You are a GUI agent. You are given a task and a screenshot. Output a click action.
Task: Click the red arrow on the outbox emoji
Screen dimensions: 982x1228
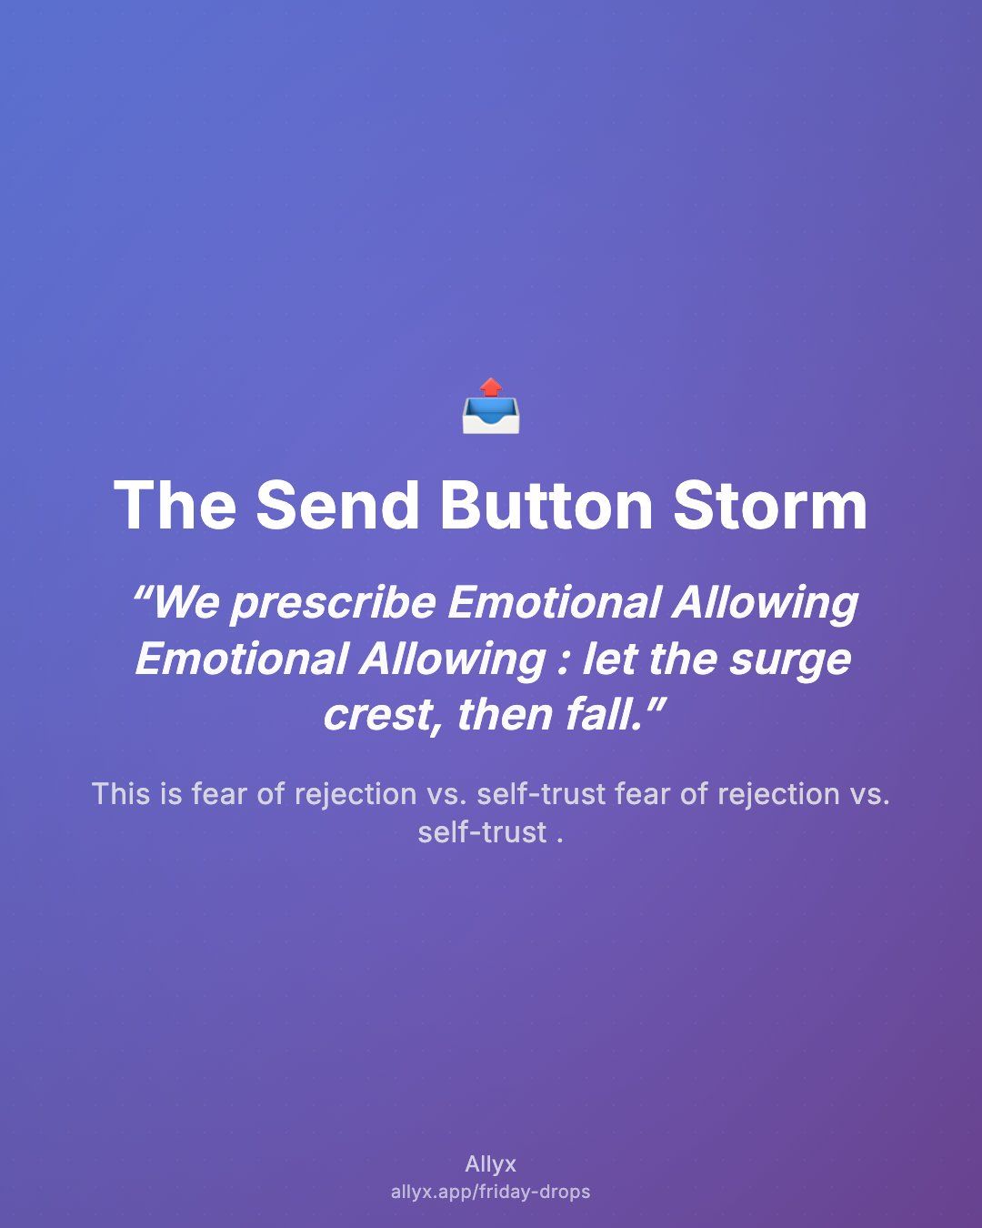(x=491, y=388)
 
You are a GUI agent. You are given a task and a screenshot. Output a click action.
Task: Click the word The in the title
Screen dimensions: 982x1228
(x=175, y=506)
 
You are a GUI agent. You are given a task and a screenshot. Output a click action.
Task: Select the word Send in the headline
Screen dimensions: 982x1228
(x=337, y=506)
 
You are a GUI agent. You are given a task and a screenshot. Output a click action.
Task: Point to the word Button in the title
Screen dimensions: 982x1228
(x=546, y=506)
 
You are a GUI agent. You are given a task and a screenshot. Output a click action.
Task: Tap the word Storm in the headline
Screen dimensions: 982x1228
(x=770, y=506)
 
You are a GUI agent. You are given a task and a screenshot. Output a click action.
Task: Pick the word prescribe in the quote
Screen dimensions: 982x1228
(x=334, y=605)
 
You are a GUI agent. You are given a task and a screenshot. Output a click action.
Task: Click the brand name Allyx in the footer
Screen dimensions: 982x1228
(x=491, y=1164)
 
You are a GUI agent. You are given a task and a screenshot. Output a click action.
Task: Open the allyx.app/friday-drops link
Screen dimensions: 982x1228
(x=491, y=1192)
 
